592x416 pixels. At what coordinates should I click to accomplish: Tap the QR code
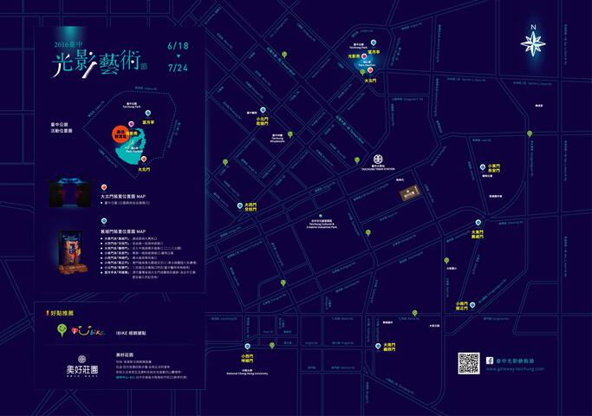click(469, 363)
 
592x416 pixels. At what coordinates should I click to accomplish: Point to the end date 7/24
click(179, 66)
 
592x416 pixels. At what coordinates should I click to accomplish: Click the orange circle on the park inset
click(120, 133)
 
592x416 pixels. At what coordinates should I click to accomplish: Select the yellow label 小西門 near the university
click(248, 354)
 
